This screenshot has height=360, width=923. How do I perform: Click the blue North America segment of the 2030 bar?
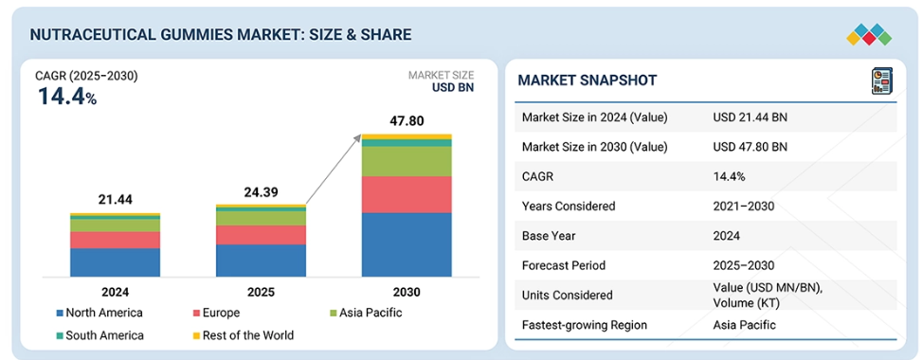[x=407, y=244]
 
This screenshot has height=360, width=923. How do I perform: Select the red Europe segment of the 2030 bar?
[x=407, y=195]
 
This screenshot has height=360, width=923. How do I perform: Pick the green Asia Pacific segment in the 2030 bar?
[x=407, y=162]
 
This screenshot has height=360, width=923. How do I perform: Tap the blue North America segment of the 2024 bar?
[x=115, y=262]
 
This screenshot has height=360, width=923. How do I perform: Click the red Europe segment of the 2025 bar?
[x=261, y=235]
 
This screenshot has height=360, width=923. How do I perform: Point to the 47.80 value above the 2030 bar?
[x=407, y=121]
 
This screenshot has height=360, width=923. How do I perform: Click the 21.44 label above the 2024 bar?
[x=116, y=200]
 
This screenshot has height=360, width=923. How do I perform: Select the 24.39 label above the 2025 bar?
[x=261, y=191]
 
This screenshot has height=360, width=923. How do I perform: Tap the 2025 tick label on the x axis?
[x=261, y=293]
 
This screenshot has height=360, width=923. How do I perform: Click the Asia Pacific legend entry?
[x=365, y=313]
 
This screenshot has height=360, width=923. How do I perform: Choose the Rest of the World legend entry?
[x=242, y=335]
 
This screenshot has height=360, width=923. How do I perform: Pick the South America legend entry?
[x=100, y=335]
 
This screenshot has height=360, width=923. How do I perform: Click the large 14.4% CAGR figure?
[x=67, y=97]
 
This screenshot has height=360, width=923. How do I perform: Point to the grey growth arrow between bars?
[x=334, y=170]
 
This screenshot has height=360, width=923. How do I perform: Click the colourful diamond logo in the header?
[x=869, y=34]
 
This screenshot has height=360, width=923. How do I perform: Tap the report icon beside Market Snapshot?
[x=882, y=81]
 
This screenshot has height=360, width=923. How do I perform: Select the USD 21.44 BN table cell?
[x=750, y=117]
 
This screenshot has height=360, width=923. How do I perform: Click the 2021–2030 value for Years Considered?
[x=744, y=206]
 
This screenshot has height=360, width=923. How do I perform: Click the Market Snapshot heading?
[x=587, y=80]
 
